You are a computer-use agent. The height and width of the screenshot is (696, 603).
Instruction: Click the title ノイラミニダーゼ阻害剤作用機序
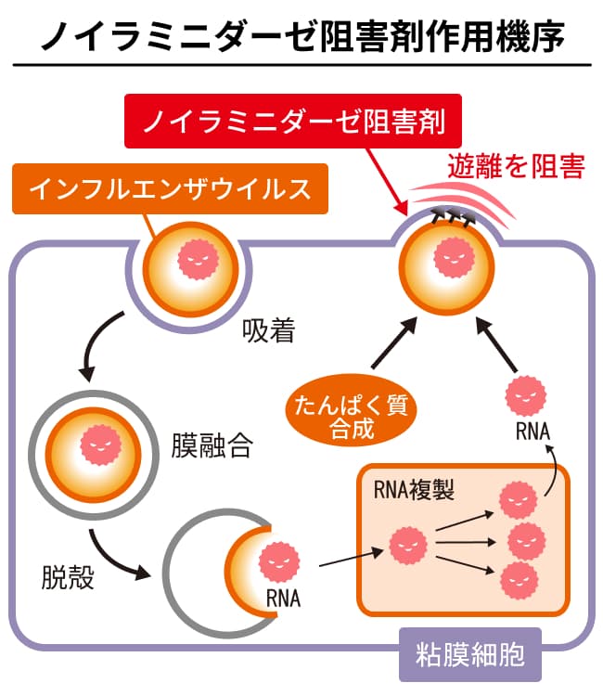[301, 33]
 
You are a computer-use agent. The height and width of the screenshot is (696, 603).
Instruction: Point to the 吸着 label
[268, 330]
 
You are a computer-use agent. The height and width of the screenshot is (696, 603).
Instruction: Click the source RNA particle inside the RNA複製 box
[406, 544]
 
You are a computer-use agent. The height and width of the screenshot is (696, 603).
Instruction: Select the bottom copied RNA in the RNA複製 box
[518, 580]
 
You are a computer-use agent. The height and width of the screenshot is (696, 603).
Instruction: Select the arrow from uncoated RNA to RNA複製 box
[350, 557]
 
